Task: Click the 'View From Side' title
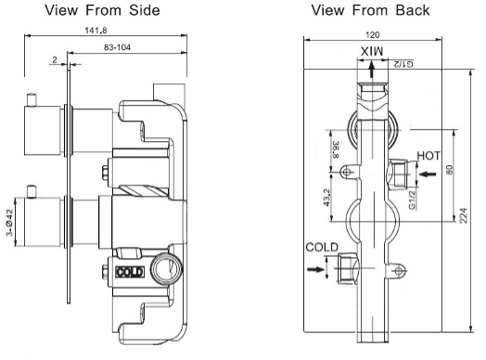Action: tap(102, 10)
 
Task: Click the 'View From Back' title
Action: tap(370, 10)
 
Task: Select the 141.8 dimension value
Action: tap(96, 31)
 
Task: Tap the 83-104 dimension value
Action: tap(117, 47)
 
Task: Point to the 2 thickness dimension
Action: tap(55, 59)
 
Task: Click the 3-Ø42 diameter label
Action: tap(9, 223)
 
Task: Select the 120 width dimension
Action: tap(372, 35)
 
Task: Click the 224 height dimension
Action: tap(463, 215)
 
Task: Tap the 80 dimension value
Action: tap(450, 170)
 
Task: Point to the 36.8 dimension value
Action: tap(336, 149)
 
